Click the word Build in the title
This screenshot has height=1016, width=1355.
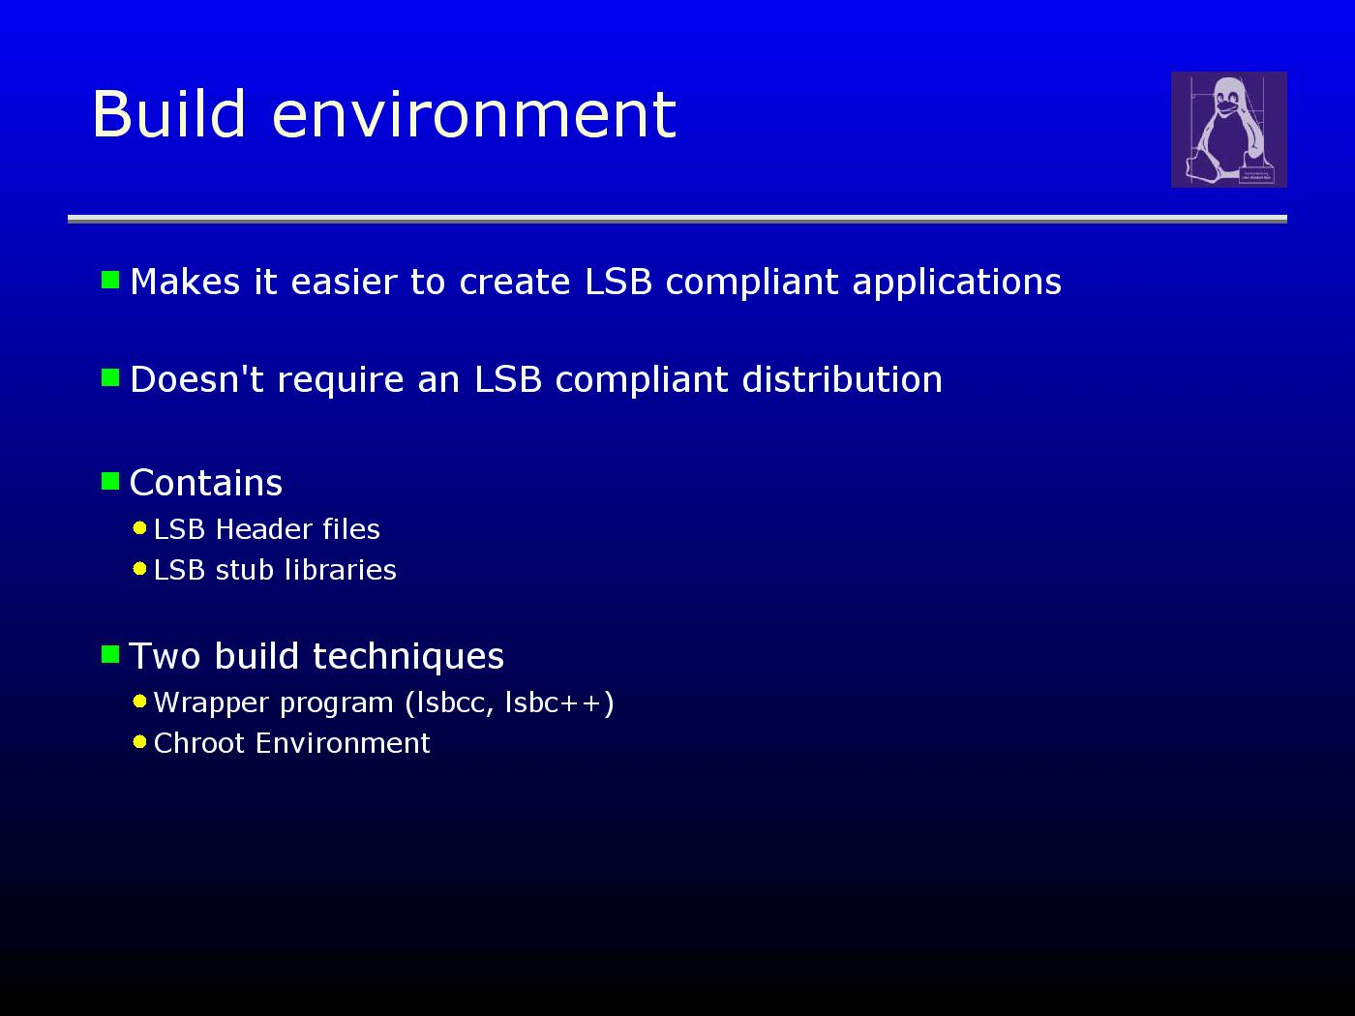[x=169, y=113]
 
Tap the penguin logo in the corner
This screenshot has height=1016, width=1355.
[x=1228, y=130]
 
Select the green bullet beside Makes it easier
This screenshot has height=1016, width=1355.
[x=110, y=280]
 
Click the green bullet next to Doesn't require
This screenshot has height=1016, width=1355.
[x=110, y=377]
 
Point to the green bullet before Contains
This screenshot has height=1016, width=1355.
[x=110, y=481]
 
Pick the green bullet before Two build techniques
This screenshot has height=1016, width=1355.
[x=110, y=654]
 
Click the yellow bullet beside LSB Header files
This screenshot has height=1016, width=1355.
[x=139, y=528]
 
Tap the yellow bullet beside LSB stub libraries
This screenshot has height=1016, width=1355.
[x=139, y=569]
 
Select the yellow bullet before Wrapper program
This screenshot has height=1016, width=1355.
[x=139, y=702]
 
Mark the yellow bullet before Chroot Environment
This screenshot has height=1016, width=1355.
[x=139, y=742]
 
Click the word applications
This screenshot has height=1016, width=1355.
[x=957, y=284]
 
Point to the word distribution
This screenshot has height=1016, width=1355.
[x=842, y=378]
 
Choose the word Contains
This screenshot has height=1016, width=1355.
[x=206, y=483]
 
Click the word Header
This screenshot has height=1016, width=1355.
[x=263, y=529]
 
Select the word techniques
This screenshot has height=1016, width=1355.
[x=408, y=656]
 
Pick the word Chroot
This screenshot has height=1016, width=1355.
[x=199, y=743]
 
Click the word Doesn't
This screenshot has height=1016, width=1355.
[x=196, y=378]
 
